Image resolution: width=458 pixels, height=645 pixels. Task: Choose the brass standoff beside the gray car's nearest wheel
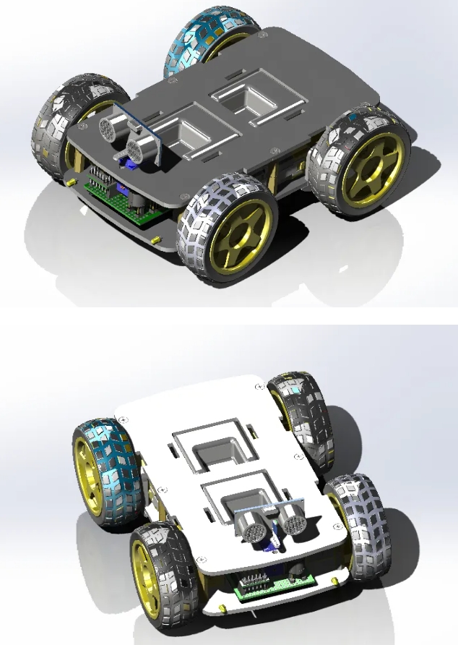pos(155,239)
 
